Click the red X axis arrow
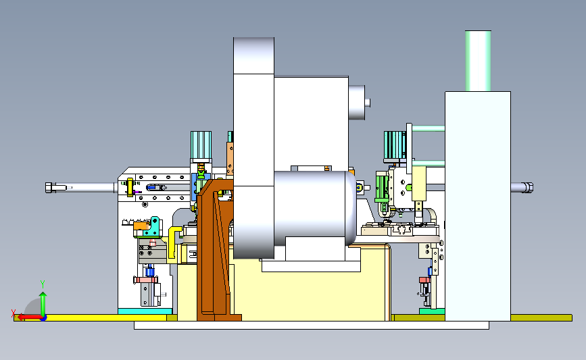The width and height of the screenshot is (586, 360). (29, 317)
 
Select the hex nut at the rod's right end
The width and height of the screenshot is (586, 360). (527, 188)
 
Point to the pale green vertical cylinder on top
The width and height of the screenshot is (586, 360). (478, 61)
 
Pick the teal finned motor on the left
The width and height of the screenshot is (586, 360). (201, 145)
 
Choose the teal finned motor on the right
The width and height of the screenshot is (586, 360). (395, 145)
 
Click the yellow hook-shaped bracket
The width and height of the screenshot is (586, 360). (174, 242)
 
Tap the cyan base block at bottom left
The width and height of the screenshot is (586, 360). (145, 311)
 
